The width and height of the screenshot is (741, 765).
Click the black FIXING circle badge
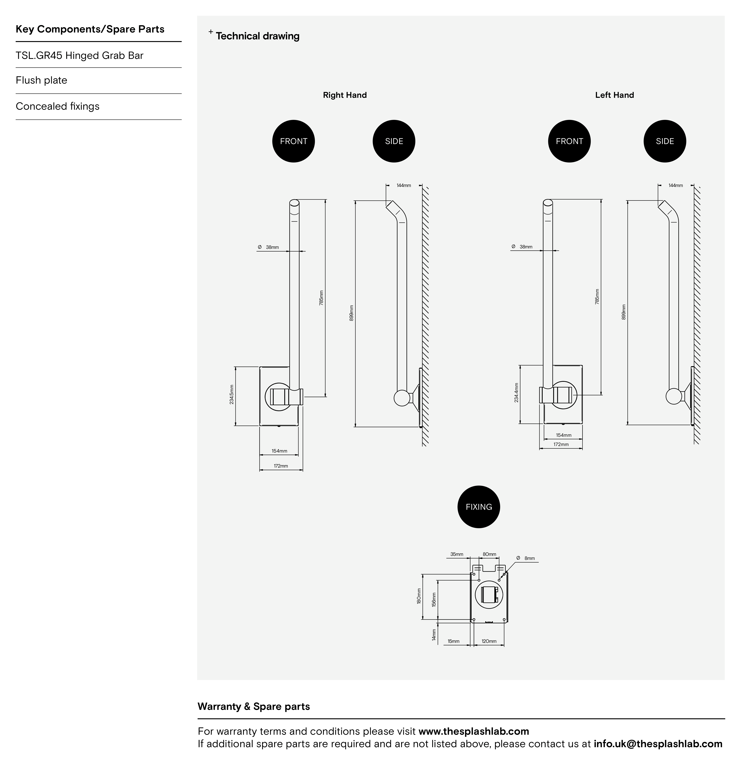tap(479, 507)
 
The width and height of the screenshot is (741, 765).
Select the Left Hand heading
tap(615, 95)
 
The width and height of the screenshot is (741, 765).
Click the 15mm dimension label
tap(453, 641)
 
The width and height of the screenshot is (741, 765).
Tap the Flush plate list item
tap(41, 80)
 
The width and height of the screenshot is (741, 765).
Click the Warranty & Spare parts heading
tap(254, 706)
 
